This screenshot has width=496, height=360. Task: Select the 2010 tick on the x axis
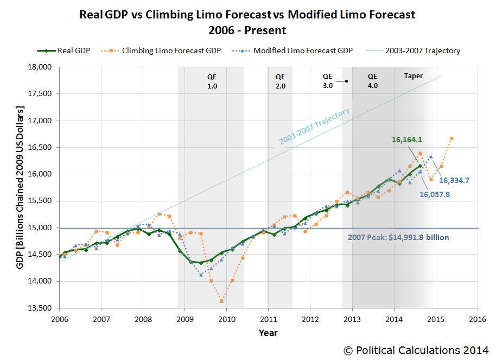pos(226,319)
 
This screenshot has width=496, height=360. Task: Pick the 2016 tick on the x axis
pos(478,319)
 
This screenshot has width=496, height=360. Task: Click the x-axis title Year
pos(268,332)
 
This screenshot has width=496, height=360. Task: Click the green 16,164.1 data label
pos(408,140)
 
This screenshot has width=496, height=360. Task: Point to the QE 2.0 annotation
pos(280,81)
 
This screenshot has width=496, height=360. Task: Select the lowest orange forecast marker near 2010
pos(221,301)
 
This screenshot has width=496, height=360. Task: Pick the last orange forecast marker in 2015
pos(452,138)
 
